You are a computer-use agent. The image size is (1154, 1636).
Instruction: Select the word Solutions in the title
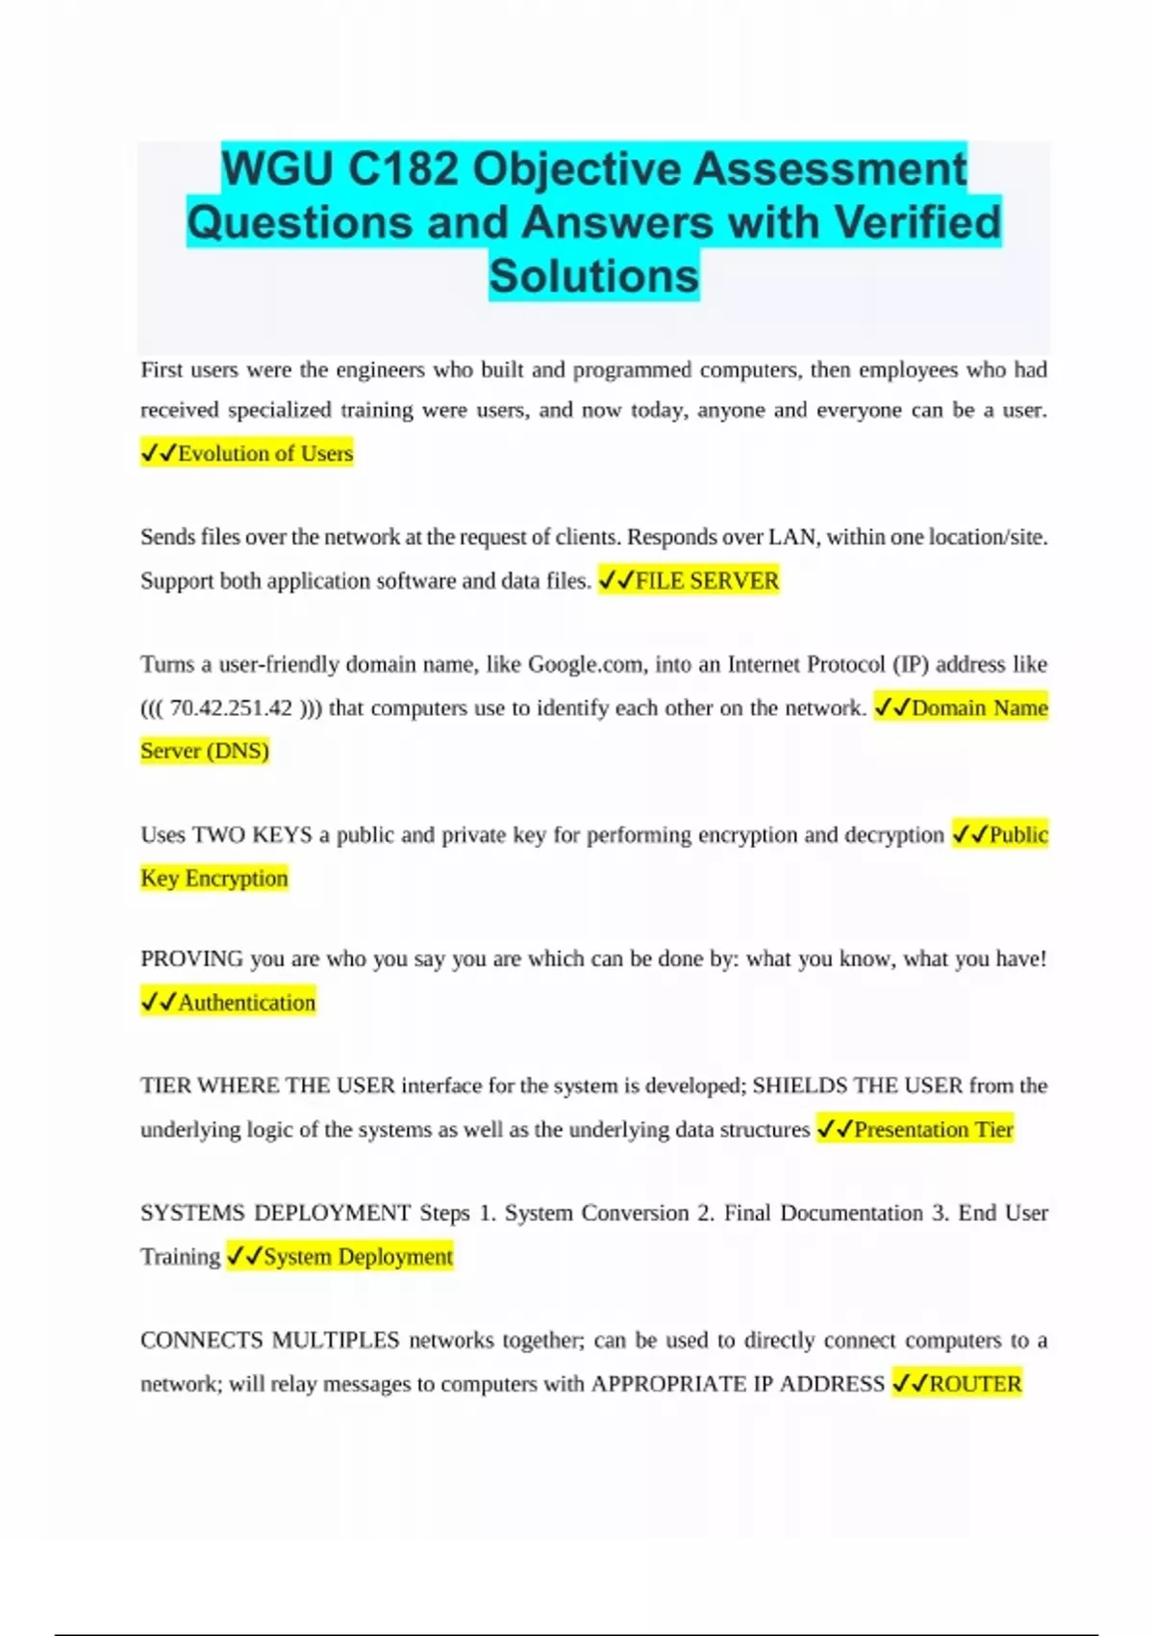pyautogui.click(x=593, y=276)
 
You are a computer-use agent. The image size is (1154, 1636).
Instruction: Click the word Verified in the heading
pyautogui.click(x=917, y=222)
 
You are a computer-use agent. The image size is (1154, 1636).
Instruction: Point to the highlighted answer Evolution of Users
pyautogui.click(x=264, y=453)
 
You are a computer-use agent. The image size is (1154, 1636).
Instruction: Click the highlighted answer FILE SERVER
pyautogui.click(x=707, y=580)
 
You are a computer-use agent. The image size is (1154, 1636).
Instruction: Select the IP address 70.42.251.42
pyautogui.click(x=231, y=708)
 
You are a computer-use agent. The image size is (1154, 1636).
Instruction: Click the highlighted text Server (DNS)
pyautogui.click(x=205, y=751)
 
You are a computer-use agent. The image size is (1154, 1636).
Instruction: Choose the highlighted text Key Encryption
pyautogui.click(x=213, y=878)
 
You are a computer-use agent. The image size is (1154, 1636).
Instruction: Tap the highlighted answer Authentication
pyautogui.click(x=246, y=1003)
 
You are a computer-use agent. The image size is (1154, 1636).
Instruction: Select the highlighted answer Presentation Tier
pyautogui.click(x=933, y=1129)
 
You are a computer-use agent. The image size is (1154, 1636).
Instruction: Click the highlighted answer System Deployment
pyautogui.click(x=357, y=1257)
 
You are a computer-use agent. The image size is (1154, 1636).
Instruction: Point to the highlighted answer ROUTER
pyautogui.click(x=974, y=1384)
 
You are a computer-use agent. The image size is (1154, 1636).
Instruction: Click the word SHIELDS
pyautogui.click(x=799, y=1086)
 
